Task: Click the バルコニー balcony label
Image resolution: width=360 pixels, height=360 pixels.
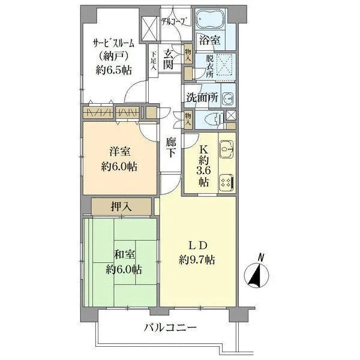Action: (x=170, y=327)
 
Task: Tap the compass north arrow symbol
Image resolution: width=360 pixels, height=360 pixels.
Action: (x=256, y=275)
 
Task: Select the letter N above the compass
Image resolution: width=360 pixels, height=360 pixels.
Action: (x=260, y=257)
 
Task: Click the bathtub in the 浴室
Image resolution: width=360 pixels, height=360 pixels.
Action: (x=210, y=19)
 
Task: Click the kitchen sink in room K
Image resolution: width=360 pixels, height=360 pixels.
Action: (x=226, y=149)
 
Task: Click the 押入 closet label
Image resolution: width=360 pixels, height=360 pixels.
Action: (x=121, y=206)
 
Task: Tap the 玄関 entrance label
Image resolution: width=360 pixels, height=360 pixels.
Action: (x=168, y=59)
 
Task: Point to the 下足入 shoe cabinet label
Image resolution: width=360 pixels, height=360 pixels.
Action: (x=154, y=61)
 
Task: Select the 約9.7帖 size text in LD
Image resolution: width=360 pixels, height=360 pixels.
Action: (x=197, y=260)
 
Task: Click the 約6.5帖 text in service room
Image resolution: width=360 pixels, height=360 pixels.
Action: (x=114, y=70)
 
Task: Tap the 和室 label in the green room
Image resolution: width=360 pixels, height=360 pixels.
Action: (x=124, y=254)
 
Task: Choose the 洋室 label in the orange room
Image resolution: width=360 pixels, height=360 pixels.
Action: (x=119, y=152)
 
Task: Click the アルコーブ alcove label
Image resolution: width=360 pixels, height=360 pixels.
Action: (x=176, y=22)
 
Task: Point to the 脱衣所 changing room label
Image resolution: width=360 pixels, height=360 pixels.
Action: (x=209, y=66)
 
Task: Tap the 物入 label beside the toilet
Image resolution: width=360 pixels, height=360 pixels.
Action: (x=188, y=119)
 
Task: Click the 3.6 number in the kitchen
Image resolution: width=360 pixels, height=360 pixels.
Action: (x=203, y=171)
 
